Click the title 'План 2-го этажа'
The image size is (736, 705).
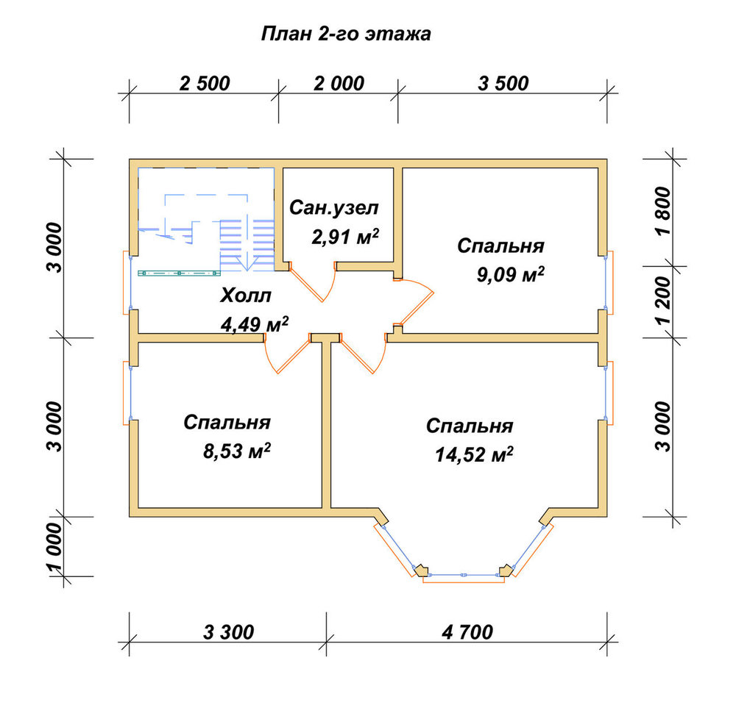pos(346,35)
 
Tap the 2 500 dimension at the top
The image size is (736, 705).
pos(205,83)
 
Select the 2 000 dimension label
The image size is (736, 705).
pos(339,83)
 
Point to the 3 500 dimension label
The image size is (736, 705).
pos(503,83)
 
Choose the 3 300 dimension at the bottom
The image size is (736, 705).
pos(229,632)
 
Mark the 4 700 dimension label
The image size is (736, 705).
pos(467,632)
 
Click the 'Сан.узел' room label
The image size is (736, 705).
pos(333,207)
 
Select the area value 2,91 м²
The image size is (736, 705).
pos(345,237)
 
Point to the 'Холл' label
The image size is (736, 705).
pos(246,296)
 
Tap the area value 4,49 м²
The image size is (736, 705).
pos(255,324)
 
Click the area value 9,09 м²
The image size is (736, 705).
pos(511,274)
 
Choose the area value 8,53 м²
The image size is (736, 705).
pos(237,451)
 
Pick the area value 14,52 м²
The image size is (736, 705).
pos(474,454)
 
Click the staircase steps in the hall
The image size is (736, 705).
pos(247,245)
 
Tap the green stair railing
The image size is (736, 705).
pos(179,273)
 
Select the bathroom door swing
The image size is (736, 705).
pos(313,282)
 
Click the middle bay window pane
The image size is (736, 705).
pos(463,575)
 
